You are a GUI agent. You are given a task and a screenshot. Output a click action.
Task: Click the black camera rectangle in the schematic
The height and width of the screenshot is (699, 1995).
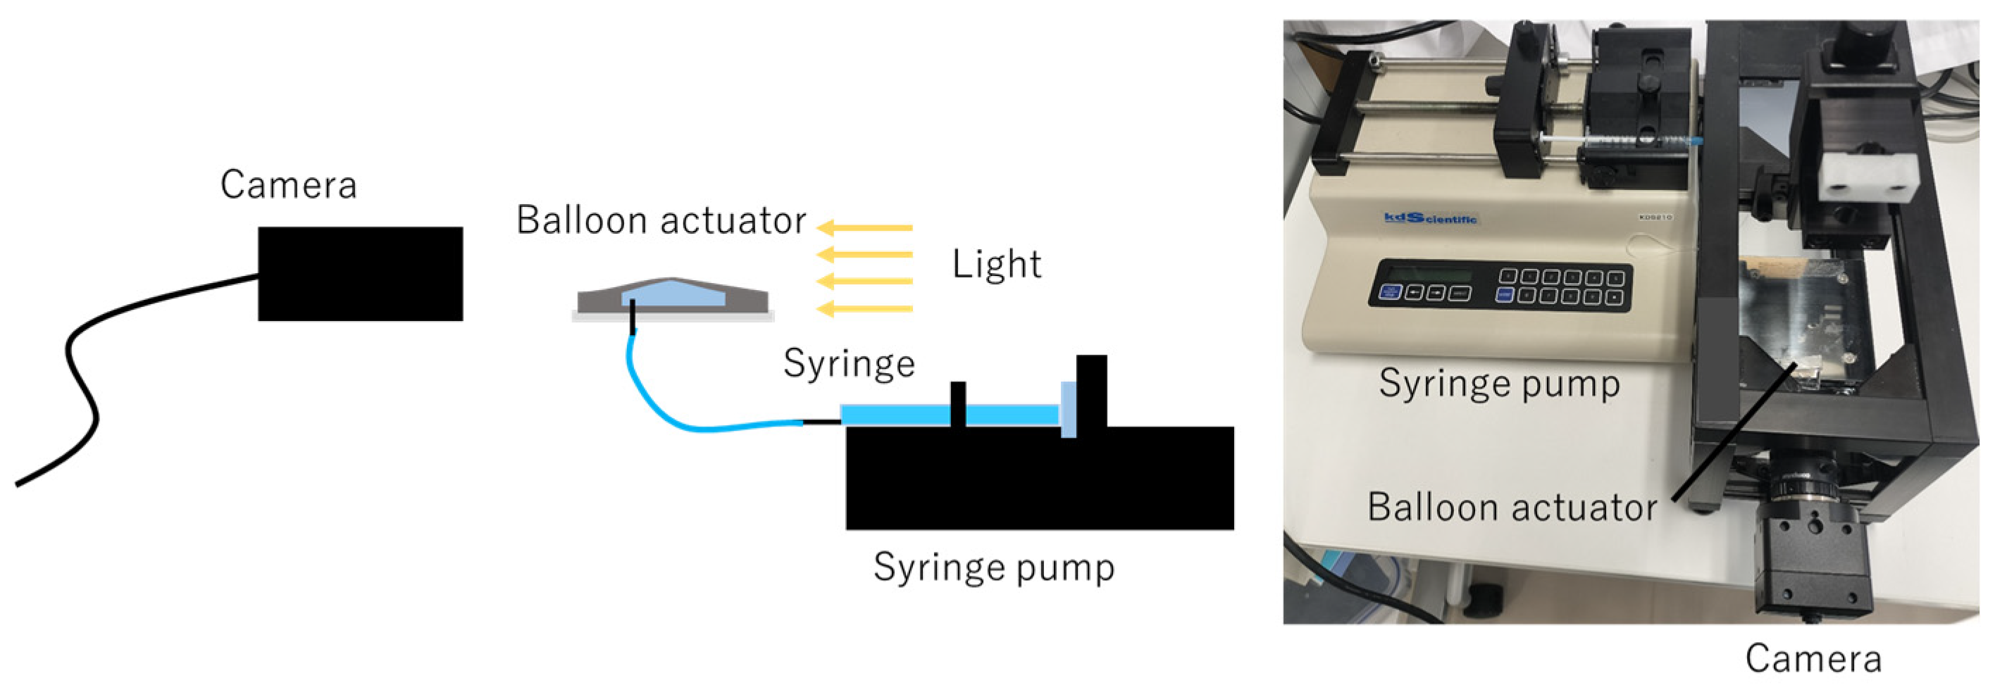pyautogui.click(x=360, y=273)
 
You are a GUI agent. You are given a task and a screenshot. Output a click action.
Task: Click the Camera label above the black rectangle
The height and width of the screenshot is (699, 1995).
pyautogui.click(x=288, y=185)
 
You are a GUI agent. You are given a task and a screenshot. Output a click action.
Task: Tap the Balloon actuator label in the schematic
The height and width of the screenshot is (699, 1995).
pyautogui.click(x=661, y=220)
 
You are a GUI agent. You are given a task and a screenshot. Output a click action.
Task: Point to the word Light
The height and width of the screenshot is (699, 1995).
pyautogui.click(x=996, y=265)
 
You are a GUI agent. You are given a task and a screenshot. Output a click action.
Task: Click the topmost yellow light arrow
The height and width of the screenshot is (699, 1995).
pyautogui.click(x=865, y=227)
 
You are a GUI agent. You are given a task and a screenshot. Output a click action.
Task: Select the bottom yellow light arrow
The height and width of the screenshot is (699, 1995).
pyautogui.click(x=865, y=309)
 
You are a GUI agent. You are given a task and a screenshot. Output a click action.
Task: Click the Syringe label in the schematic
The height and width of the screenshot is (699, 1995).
pyautogui.click(x=849, y=363)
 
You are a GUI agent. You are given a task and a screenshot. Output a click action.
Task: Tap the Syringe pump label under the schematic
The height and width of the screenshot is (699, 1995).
pyautogui.click(x=994, y=567)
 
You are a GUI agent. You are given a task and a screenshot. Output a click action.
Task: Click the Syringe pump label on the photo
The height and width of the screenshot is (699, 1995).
pyautogui.click(x=1498, y=384)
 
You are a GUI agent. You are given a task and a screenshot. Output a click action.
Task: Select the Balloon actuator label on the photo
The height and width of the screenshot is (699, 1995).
pyautogui.click(x=1512, y=508)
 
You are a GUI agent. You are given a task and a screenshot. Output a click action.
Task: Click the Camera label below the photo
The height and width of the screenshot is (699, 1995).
pyautogui.click(x=1813, y=659)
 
